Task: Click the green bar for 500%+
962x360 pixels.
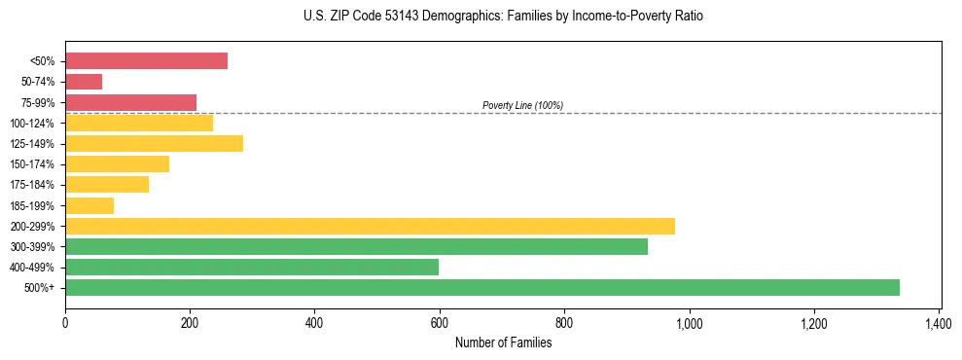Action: point(481,287)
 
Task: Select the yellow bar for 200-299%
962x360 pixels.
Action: point(370,226)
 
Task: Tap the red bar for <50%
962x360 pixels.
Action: point(146,61)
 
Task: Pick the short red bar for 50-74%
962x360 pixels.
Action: point(84,82)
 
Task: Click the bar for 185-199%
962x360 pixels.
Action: point(89,205)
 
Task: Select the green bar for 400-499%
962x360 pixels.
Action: point(252,267)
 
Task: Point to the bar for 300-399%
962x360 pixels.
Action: point(356,246)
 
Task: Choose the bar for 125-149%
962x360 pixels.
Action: point(154,144)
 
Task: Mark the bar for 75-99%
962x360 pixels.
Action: point(130,102)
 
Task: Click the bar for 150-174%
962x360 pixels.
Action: point(117,164)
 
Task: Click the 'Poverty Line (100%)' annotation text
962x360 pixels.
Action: point(522,105)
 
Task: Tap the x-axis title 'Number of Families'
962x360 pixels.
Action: point(503,342)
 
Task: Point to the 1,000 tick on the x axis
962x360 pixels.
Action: point(689,322)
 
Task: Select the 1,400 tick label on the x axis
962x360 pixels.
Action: point(939,322)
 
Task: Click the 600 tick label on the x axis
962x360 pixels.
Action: point(440,322)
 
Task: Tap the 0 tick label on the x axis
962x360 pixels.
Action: point(65,322)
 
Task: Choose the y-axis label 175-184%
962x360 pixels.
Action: point(36,185)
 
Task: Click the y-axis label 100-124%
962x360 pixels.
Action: point(36,124)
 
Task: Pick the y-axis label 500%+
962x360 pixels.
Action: point(42,288)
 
